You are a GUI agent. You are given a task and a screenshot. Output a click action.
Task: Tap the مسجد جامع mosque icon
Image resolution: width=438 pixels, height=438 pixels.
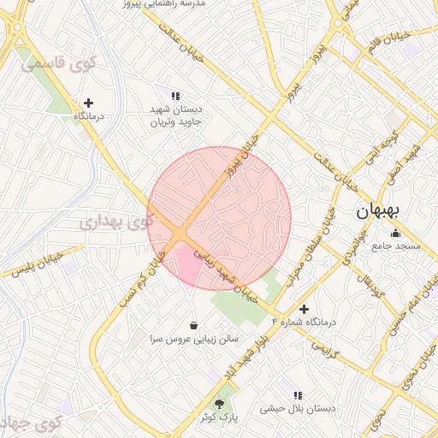pyautogui.click(x=394, y=234)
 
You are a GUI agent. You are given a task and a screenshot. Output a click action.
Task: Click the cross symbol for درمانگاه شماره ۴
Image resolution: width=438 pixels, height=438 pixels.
pyautogui.click(x=304, y=309)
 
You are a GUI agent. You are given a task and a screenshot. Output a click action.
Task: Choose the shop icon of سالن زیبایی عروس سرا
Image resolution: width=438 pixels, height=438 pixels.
pyautogui.click(x=194, y=325)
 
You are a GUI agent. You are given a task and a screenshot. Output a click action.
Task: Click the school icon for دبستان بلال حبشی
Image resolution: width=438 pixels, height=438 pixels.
pyautogui.click(x=298, y=395)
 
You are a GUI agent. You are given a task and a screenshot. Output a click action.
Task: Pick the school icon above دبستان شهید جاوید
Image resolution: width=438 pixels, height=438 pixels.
pyautogui.click(x=175, y=96)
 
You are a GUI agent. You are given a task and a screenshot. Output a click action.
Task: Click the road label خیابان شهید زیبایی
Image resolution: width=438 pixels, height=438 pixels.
pyautogui.click(x=226, y=274)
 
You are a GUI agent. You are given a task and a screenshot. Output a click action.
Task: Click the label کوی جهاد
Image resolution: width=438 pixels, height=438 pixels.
pyautogui.click(x=31, y=423)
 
